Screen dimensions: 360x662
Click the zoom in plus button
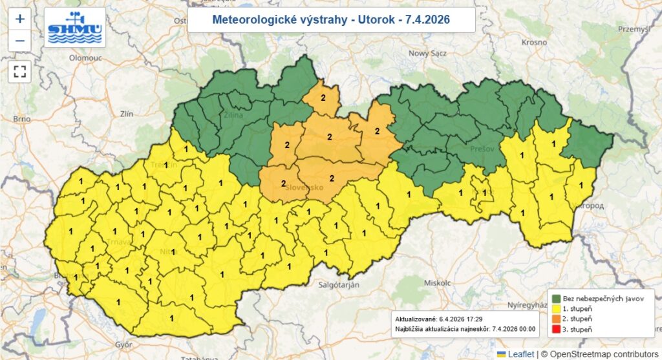[19, 19]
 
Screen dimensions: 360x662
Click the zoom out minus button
[19, 40]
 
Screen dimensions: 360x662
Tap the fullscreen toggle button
[19, 71]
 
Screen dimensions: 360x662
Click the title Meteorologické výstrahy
[331, 20]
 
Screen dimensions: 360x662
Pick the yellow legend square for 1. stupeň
[555, 308]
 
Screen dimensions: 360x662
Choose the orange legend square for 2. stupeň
[555, 319]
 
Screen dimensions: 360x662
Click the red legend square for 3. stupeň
[555, 330]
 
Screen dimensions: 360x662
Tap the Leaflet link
[520, 354]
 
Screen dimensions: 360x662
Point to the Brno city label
[21, 119]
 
